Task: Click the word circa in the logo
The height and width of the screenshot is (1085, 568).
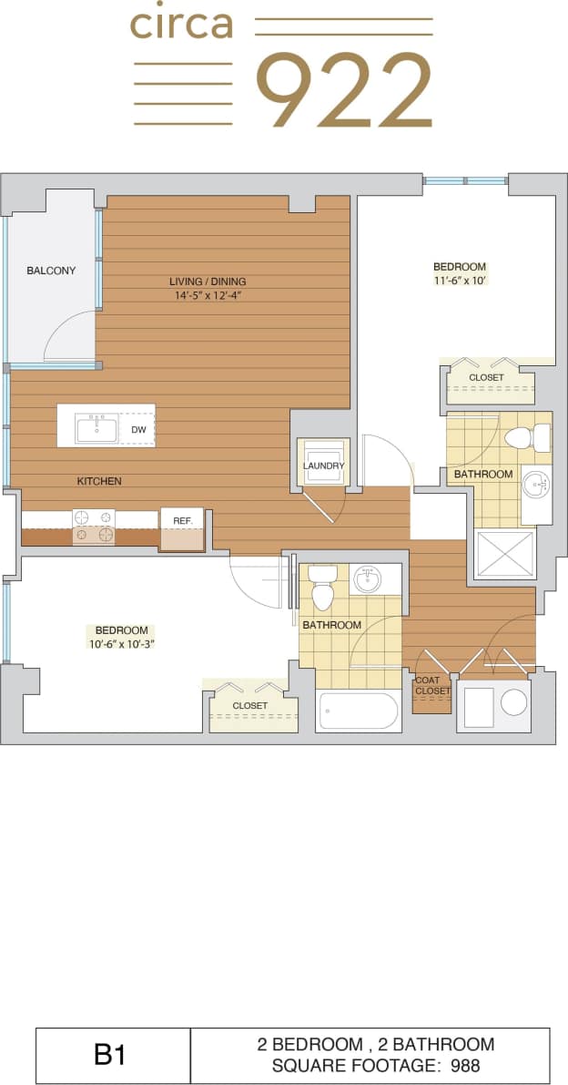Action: [181, 25]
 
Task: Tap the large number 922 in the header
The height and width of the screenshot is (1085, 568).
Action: [343, 90]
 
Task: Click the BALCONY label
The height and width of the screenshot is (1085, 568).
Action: [51, 271]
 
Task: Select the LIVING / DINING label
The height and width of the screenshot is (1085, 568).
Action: [208, 281]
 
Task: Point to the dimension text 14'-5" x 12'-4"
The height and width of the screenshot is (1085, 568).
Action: [208, 295]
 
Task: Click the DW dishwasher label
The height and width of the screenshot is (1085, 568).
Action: [138, 429]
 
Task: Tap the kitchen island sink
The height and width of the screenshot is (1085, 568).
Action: [96, 428]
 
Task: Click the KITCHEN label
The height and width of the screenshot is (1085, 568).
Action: [99, 481]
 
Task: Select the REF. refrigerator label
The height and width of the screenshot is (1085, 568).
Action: [182, 521]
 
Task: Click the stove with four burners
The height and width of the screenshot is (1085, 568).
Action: [94, 527]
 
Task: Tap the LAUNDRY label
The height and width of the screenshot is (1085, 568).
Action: [324, 466]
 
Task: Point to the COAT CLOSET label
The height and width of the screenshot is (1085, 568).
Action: [432, 685]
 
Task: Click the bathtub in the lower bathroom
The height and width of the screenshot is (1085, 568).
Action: [358, 711]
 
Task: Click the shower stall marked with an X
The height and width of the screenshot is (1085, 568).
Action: [505, 554]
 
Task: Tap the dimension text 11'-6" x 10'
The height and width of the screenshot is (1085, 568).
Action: [460, 281]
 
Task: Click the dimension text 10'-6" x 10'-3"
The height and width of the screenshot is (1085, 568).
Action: [122, 644]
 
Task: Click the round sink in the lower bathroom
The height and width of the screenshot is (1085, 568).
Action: [368, 579]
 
